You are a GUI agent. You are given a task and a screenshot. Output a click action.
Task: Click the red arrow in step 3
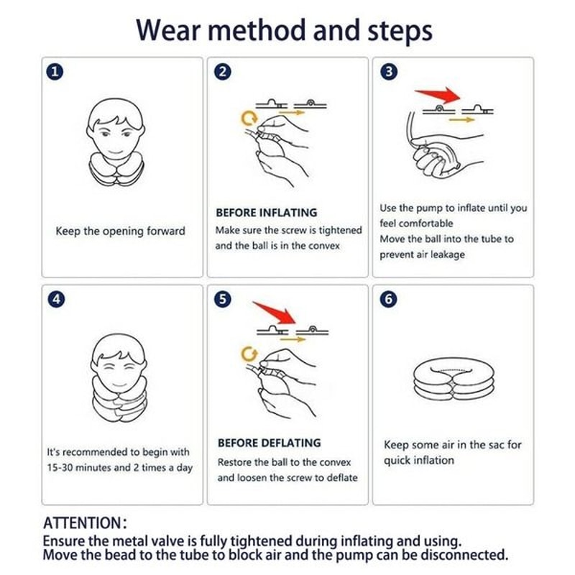(x=439, y=94)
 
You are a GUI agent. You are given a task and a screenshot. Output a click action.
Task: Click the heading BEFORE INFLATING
(x=266, y=213)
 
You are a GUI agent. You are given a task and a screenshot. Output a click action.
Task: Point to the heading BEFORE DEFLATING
(x=269, y=443)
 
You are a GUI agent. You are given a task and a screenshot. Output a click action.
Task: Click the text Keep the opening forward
(x=120, y=231)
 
